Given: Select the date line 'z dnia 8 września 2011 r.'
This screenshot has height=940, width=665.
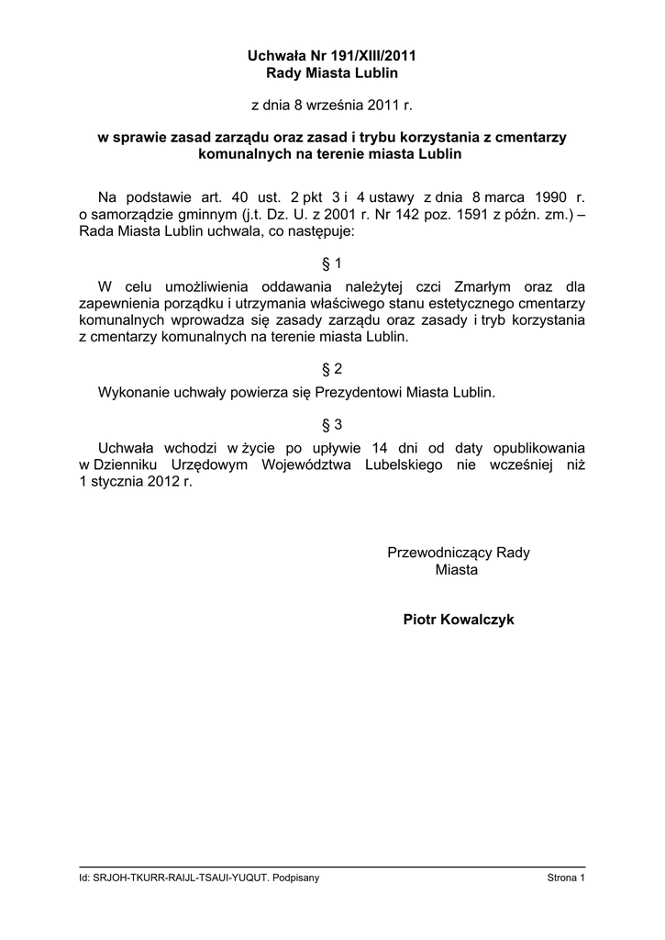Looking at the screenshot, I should coord(332,106).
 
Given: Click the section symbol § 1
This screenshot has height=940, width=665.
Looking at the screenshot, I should coord(332,263).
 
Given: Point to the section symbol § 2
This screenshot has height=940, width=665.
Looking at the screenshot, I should coord(332,369).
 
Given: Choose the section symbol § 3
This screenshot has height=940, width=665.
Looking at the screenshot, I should coord(332,424).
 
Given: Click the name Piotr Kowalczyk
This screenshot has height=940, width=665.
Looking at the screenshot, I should coord(459,620).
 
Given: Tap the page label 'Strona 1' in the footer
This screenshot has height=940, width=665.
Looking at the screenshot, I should coord(566,878).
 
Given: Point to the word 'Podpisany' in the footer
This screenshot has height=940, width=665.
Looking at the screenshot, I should coord(297,878).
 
